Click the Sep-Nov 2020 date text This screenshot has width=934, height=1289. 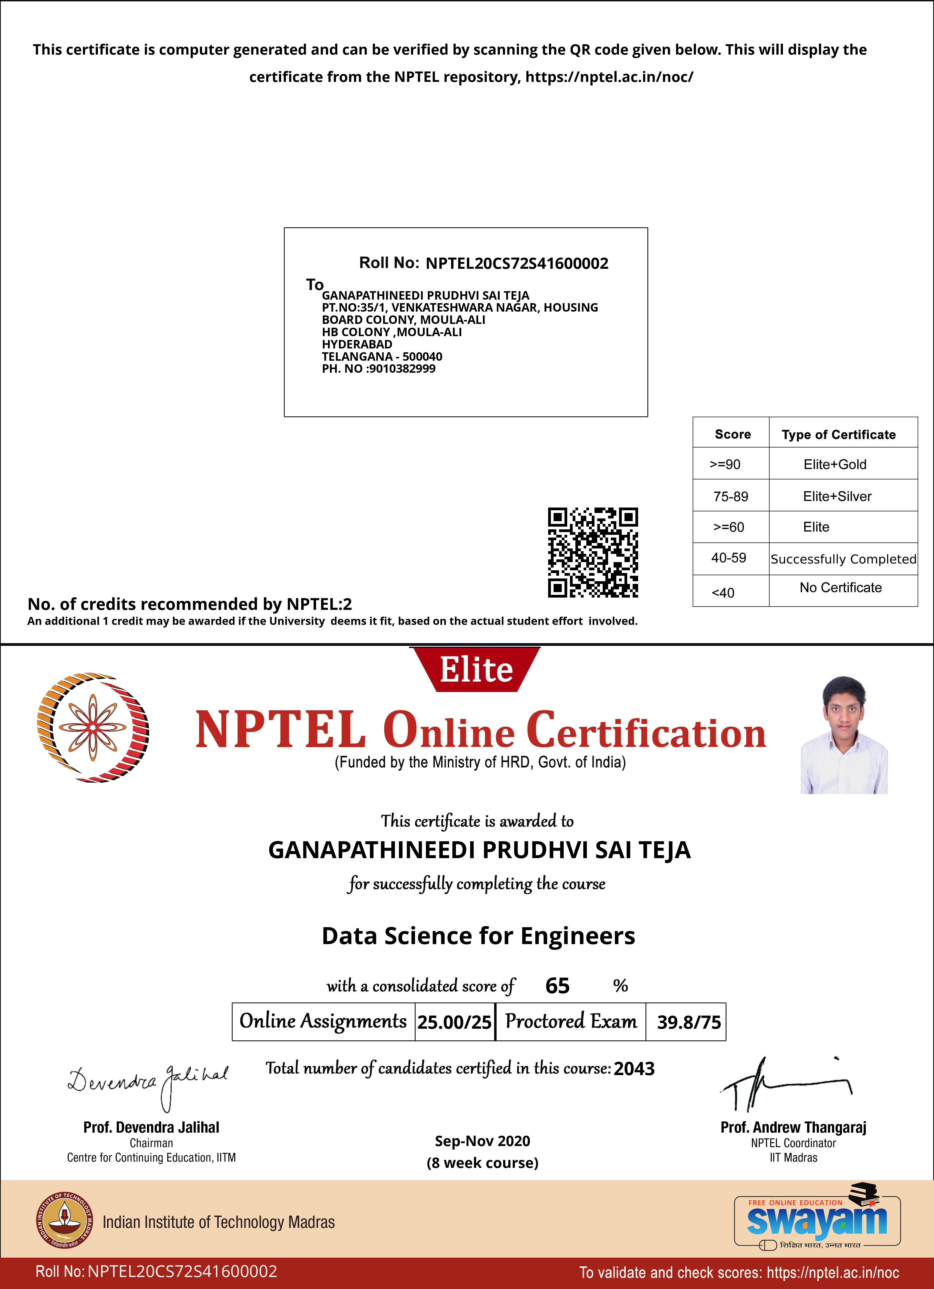pyautogui.click(x=482, y=1141)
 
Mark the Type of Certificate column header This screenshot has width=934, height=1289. pyautogui.click(x=839, y=435)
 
